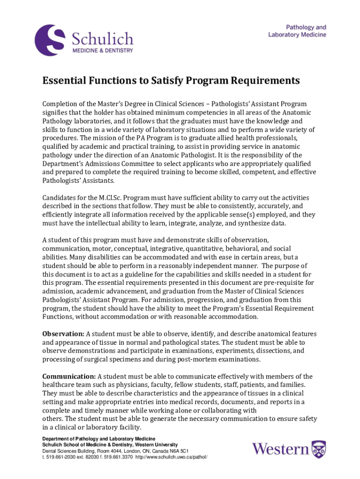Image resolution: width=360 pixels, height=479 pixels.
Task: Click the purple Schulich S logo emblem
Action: (x=50, y=40)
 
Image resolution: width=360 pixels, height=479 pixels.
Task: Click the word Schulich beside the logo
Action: (x=102, y=38)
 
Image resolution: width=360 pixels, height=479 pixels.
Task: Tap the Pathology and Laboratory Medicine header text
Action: (x=297, y=31)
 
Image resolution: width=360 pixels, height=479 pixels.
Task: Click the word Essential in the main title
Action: (x=68, y=81)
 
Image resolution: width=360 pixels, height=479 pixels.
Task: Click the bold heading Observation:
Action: (x=64, y=334)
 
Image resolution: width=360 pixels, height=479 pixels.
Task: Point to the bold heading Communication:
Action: (x=69, y=377)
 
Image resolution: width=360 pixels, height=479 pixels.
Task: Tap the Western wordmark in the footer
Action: (x=281, y=450)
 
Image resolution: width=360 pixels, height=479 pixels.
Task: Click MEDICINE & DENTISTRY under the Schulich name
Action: (x=102, y=51)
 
